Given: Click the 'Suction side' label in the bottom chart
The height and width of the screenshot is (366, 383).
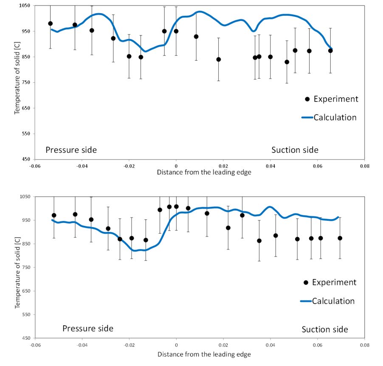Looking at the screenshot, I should (x=325, y=329).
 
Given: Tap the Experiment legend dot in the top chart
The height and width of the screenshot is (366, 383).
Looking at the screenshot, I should (x=307, y=99).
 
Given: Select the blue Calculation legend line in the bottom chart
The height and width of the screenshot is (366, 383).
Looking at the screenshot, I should (x=306, y=301).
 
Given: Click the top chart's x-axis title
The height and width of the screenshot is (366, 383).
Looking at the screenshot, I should (x=204, y=172).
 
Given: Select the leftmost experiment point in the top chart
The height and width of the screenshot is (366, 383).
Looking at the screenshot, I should (x=51, y=24).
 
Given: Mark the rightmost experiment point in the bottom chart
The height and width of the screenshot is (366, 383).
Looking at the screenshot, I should (x=340, y=238).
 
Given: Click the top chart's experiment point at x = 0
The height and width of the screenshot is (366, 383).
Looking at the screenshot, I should (x=176, y=31).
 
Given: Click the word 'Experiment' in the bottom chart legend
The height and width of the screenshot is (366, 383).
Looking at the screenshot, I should (x=334, y=282).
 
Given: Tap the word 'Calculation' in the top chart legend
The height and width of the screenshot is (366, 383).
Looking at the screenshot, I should (x=335, y=118).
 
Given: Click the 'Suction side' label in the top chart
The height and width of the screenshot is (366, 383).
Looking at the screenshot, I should (x=295, y=150).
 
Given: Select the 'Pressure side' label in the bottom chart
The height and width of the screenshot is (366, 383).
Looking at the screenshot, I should (x=88, y=329).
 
